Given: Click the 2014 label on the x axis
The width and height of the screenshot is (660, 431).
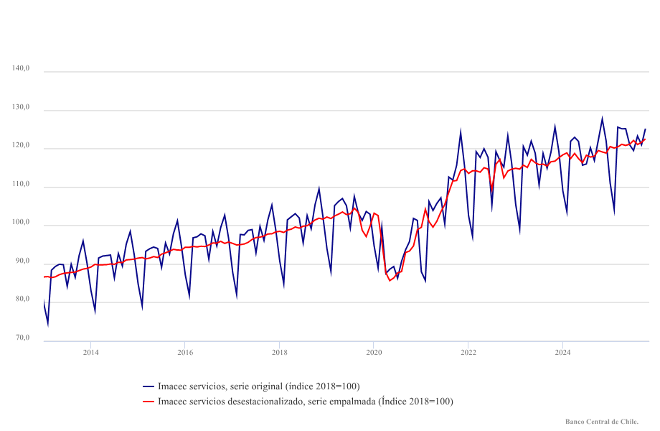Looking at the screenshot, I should (90, 352).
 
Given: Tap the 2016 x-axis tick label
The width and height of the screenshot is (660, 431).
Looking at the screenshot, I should (185, 352).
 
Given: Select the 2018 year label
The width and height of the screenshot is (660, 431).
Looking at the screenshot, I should (280, 352).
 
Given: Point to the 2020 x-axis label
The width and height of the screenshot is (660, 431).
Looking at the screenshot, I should (374, 352).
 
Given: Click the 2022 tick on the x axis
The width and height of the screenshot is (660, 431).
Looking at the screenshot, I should (468, 352).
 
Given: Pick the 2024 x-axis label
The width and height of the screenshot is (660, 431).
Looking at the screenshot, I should (563, 352).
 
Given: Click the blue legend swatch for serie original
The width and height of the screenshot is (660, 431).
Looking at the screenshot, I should (148, 386).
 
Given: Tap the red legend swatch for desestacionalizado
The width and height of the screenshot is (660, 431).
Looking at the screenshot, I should (148, 402).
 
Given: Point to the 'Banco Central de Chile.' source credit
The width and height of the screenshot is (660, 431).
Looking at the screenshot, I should (602, 422).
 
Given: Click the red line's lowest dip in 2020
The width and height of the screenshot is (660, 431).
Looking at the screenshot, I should (390, 280).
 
